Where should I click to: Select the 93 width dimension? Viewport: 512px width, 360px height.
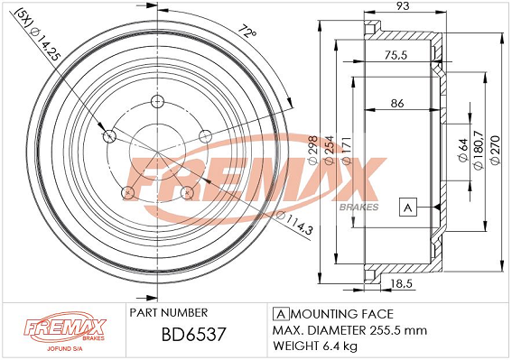tap(404, 8)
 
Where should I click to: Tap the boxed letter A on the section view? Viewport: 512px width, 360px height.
tap(407, 208)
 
